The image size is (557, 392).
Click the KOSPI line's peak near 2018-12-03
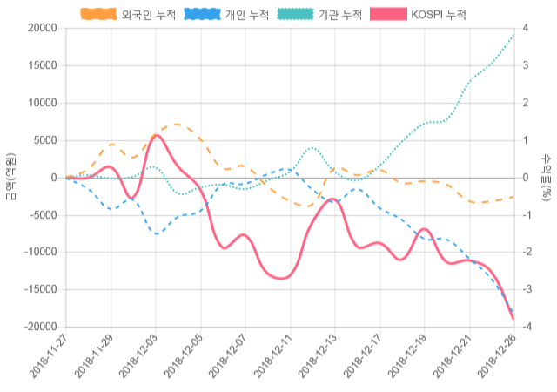(156, 135)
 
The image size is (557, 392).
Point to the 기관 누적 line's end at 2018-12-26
(513, 34)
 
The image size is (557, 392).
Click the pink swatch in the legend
(388, 14)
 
